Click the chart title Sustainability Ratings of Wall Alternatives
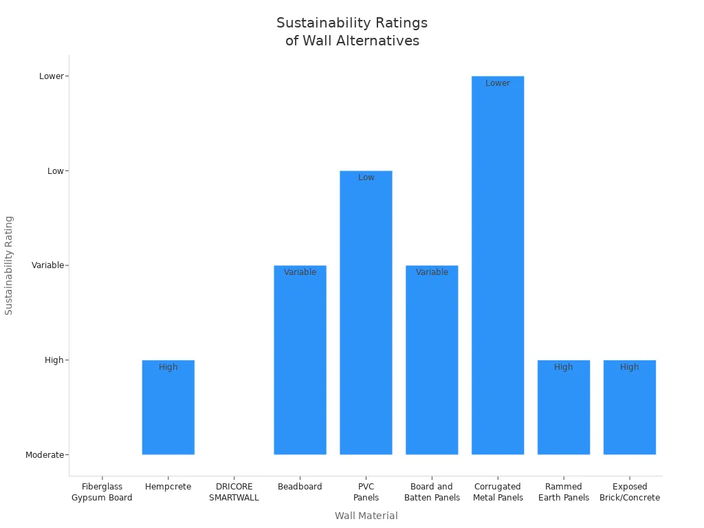coord(352,32)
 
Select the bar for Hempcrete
coord(168,412)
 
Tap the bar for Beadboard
coord(300,364)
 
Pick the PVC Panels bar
coord(366,316)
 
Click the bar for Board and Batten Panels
coord(432,364)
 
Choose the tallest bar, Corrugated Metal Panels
coord(498,268)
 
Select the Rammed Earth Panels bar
coord(564,412)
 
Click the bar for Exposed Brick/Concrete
coord(630,412)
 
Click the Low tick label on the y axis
coord(55,171)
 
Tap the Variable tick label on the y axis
coord(47,265)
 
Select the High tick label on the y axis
coord(54,360)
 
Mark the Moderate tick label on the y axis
coord(45,455)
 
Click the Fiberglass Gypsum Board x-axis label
coord(102,492)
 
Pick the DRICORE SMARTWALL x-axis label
coord(234,492)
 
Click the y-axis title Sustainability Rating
coord(9,265)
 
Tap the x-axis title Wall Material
coord(366,516)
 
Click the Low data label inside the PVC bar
coord(366,177)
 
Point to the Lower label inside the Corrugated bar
coord(498,83)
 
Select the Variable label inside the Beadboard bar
coord(300,272)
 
